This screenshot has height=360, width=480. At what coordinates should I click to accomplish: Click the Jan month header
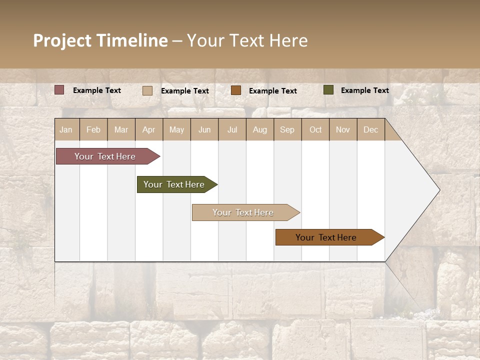click(x=66, y=130)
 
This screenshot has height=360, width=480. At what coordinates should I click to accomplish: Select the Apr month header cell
click(x=149, y=130)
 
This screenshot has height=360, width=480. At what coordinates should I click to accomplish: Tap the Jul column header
click(x=232, y=130)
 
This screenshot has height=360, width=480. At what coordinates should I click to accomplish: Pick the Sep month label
click(x=287, y=130)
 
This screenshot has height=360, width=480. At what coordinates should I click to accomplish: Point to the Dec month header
click(x=370, y=130)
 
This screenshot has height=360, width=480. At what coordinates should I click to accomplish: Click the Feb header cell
click(x=93, y=130)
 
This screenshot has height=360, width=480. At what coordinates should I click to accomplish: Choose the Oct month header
click(x=315, y=130)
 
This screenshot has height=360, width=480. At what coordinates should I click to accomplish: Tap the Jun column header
click(x=204, y=130)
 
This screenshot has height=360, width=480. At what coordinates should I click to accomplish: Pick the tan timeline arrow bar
click(x=244, y=212)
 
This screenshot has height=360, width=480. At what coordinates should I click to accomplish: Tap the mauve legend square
click(x=59, y=90)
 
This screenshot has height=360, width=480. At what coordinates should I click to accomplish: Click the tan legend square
click(x=147, y=90)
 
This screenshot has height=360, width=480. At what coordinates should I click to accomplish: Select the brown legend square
click(x=236, y=90)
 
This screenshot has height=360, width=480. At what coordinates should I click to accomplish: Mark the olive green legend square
click(x=328, y=90)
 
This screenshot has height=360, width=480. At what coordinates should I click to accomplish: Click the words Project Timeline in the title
click(x=100, y=40)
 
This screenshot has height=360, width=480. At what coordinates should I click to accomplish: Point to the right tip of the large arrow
click(x=439, y=190)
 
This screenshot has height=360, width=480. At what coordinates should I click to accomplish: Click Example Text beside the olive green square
click(x=364, y=90)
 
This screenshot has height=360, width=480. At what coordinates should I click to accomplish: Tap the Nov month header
click(x=343, y=130)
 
